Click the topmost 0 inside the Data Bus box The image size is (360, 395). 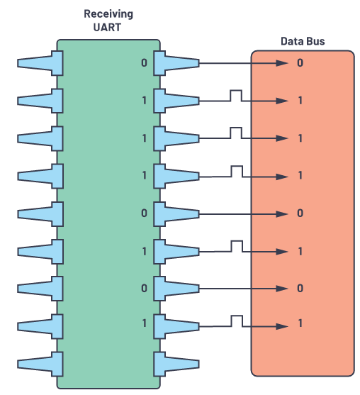(x=300, y=63)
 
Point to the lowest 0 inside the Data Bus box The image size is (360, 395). (x=300, y=289)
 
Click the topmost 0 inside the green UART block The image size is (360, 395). (x=145, y=63)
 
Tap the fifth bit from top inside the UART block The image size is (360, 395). (x=145, y=213)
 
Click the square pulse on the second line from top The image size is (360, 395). (x=236, y=95)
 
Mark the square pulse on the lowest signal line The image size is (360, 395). (x=236, y=321)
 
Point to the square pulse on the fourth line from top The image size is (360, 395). (x=236, y=170)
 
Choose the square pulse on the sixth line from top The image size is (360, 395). (x=236, y=245)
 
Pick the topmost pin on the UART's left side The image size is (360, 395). (x=37, y=63)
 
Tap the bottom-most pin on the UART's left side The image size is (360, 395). (x=37, y=364)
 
